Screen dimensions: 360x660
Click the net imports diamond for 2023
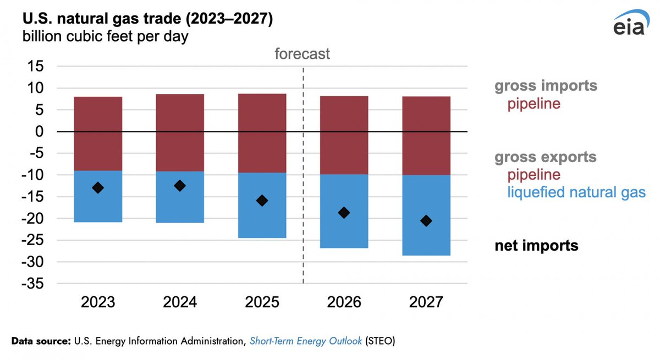pos(98,187)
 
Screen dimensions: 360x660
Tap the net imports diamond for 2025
pos(262,201)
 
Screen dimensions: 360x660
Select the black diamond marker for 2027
pos(426,220)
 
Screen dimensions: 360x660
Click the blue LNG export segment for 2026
pos(344,231)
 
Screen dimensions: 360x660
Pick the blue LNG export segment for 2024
pos(180,209)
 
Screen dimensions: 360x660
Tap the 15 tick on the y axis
pos(39,67)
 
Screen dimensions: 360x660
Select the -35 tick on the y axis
pos(36,284)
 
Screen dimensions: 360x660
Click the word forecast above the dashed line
pos(302,53)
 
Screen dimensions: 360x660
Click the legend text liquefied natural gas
pos(576,192)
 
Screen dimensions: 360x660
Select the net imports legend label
pos(536,246)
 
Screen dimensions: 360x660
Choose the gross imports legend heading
pos(546,86)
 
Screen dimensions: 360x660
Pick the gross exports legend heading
pos(545,157)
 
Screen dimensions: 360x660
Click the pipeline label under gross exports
pos(534,175)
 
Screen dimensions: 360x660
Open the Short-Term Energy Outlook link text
pos(305,341)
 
